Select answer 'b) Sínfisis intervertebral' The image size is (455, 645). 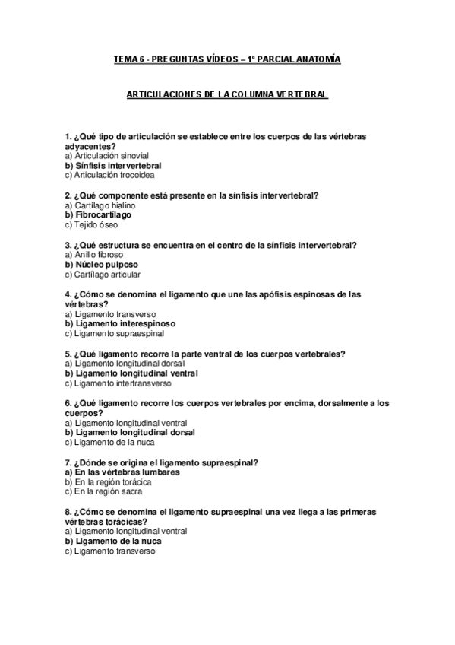113,165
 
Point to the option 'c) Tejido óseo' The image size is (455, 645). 91,225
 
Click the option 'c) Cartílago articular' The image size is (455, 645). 103,275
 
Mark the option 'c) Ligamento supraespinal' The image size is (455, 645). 114,333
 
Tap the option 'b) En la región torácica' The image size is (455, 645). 108,482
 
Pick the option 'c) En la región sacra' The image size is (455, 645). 103,492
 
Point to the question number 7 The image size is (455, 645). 68,462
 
